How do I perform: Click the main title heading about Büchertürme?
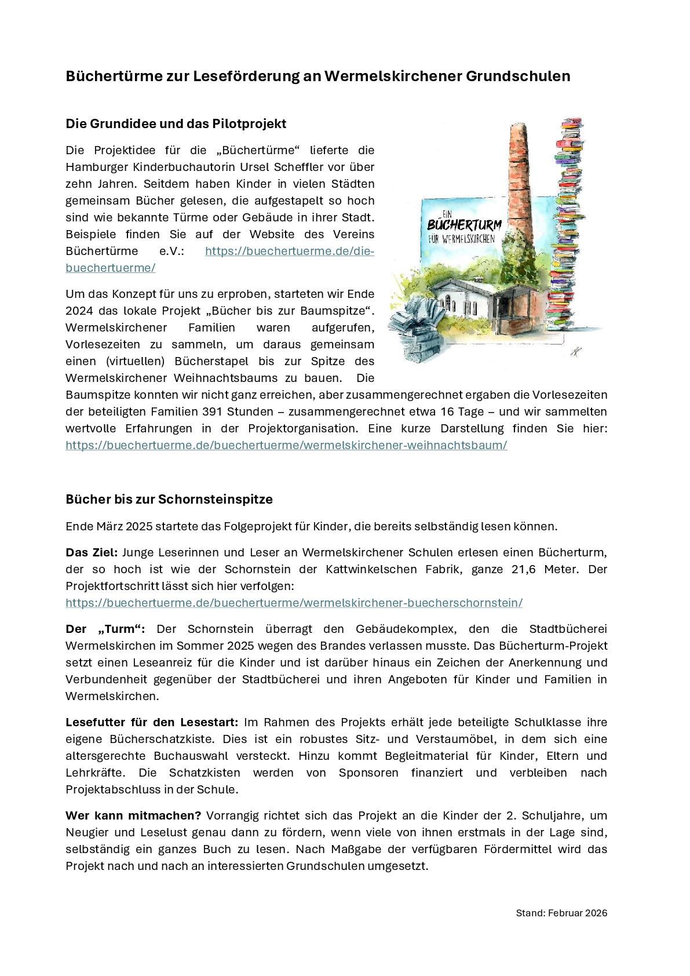coord(317,77)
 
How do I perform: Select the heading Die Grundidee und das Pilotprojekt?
coord(176,124)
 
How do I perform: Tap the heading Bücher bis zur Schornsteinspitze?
coord(169,500)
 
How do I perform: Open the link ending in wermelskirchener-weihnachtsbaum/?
coord(286,445)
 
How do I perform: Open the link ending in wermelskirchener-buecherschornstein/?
coord(294,603)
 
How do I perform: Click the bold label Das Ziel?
coord(92,552)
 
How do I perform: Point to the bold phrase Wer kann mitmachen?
coord(133,815)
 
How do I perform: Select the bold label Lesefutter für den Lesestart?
coord(152,722)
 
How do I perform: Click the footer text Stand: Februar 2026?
coord(561,913)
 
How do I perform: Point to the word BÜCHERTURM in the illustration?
coord(464,225)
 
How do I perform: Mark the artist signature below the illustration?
coord(575,352)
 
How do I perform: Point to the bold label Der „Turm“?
coord(105,629)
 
